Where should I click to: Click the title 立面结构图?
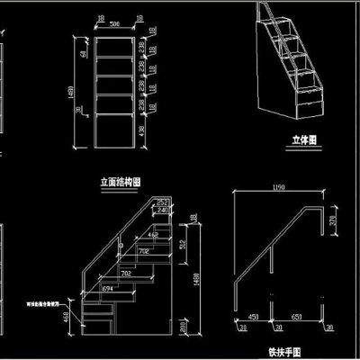pyautogui.click(x=121, y=181)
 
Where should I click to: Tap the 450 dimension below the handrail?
pyautogui.click(x=253, y=317)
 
